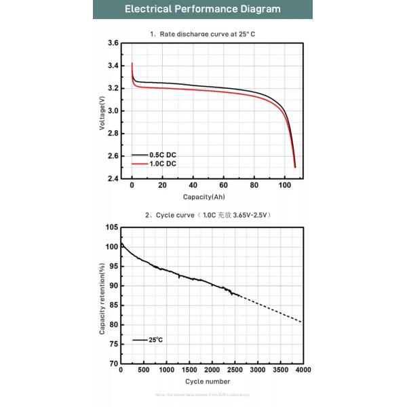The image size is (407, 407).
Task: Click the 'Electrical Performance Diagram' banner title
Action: pos(203,10)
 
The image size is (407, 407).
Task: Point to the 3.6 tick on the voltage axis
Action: pos(114,43)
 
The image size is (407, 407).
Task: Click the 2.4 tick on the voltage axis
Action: pos(114,179)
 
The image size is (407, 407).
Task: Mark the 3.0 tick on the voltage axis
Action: pos(114,111)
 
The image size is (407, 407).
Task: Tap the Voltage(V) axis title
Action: pos(102,111)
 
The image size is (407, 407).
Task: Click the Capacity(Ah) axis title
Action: pos(203,197)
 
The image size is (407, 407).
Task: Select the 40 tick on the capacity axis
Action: pos(193,186)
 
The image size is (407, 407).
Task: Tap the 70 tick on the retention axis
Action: pos(113,364)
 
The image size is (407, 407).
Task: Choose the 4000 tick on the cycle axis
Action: pos(303,370)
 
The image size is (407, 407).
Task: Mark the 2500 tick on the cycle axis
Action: pos(234,370)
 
